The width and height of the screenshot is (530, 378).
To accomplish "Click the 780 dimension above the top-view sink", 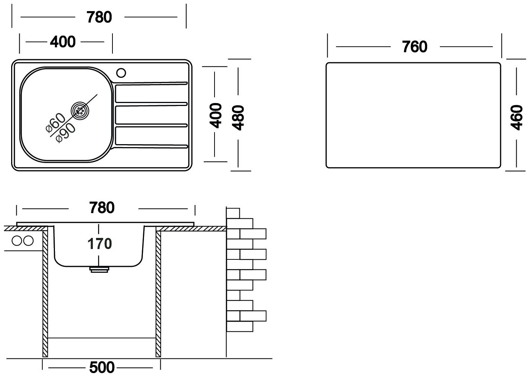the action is click(x=99, y=17).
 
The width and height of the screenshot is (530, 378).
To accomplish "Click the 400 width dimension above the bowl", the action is click(x=62, y=42).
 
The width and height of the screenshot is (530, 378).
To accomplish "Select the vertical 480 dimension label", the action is click(x=238, y=117).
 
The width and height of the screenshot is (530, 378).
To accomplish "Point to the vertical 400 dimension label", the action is click(x=216, y=116).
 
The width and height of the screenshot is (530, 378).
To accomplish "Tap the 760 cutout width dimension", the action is click(x=415, y=47).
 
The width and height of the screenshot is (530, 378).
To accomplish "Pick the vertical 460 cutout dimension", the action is click(x=517, y=117).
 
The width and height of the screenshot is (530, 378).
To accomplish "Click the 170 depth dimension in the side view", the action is click(x=99, y=244).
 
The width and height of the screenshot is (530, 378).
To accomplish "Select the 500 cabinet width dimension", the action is click(x=102, y=368).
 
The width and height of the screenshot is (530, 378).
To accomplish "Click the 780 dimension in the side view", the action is click(x=102, y=208).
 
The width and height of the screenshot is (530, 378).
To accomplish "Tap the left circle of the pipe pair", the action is click(x=17, y=241).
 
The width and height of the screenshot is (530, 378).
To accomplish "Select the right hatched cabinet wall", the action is click(x=158, y=293).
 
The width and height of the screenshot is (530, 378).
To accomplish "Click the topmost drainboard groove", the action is click(x=150, y=83).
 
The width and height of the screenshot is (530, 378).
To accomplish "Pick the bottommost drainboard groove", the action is click(x=150, y=146).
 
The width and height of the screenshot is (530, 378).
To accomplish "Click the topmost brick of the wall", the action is click(x=233, y=213).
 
